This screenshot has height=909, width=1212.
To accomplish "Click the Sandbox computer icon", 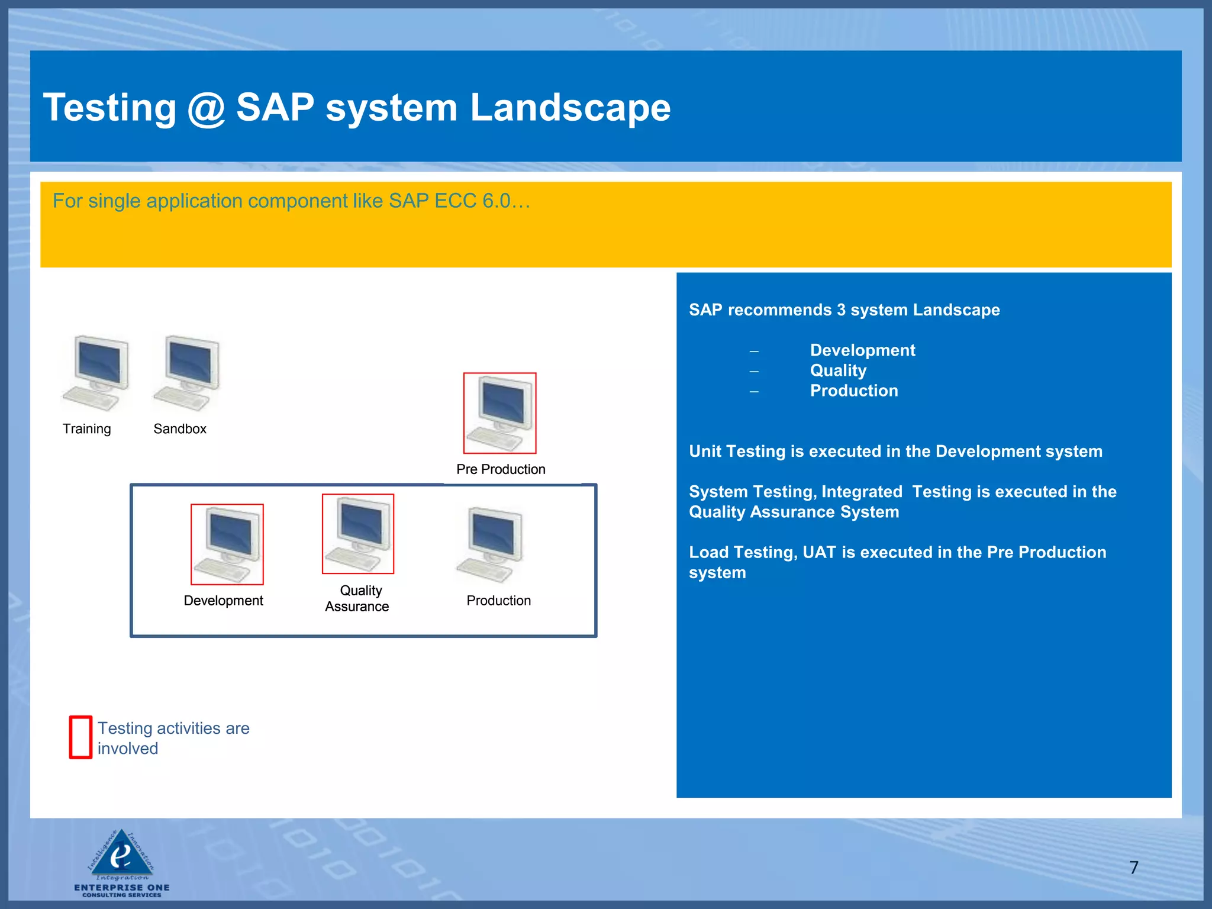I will [x=186, y=373].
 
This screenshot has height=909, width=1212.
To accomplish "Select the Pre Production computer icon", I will [x=499, y=413].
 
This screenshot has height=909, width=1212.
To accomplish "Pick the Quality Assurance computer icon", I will [x=357, y=534].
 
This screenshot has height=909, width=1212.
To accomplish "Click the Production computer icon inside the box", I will [x=491, y=544].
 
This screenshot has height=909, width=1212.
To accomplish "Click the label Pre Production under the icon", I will [x=501, y=469].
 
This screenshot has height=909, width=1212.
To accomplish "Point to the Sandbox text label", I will [x=180, y=429].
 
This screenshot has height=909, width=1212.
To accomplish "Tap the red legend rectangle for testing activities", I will [x=80, y=737].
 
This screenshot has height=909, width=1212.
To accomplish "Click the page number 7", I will [x=1133, y=868].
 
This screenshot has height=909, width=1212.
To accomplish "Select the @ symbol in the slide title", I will [x=206, y=108].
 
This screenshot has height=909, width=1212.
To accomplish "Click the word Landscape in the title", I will [x=570, y=108].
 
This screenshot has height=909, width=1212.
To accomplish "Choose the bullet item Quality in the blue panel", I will [x=838, y=370].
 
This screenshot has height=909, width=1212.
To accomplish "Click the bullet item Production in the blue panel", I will [x=853, y=391].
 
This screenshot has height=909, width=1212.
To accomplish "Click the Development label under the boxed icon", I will [x=223, y=601].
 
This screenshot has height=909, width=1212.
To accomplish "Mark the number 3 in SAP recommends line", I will [x=841, y=310].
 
